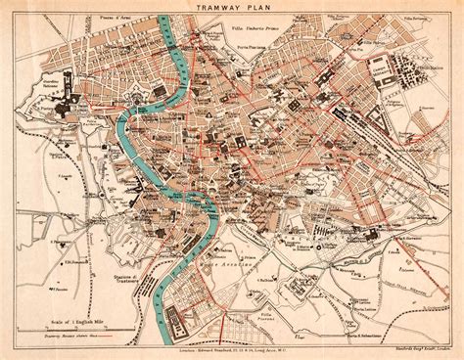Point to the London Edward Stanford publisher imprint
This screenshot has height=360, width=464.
(x=232, y=334)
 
